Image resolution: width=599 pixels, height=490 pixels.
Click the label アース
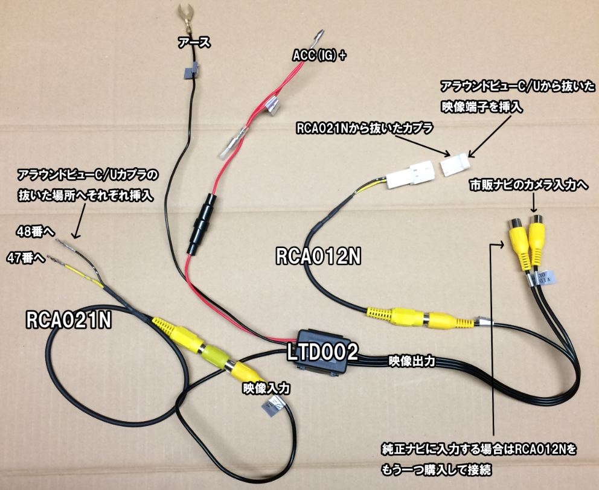pyautogui.click(x=193, y=42)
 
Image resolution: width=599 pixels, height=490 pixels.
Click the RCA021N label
pyautogui.click(x=69, y=320)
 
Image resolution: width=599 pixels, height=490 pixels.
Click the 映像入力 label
pyautogui.click(x=262, y=388)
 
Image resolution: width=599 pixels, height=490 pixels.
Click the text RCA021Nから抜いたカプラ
pyautogui.click(x=356, y=129)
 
